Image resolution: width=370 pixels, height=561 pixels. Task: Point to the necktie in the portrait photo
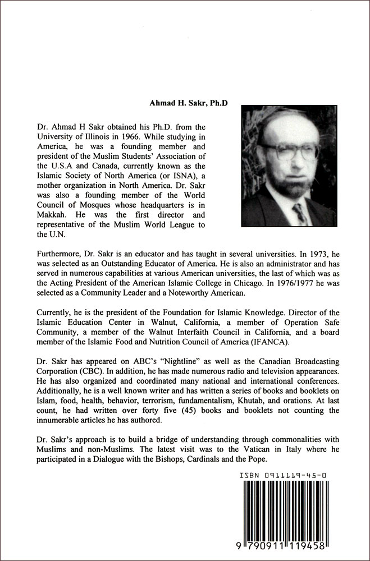(x=300, y=214)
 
